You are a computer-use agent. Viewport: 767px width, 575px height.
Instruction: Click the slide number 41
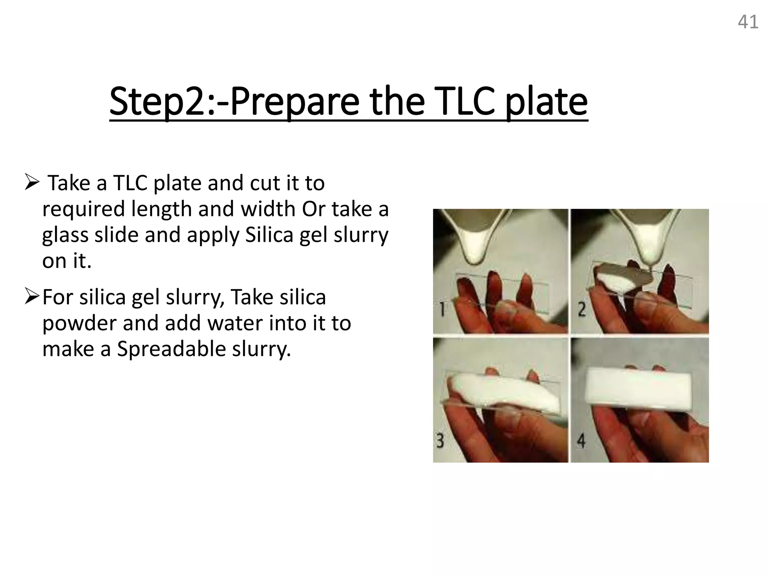pyautogui.click(x=748, y=22)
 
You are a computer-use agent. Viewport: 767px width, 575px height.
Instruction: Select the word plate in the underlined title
pyautogui.click(x=546, y=102)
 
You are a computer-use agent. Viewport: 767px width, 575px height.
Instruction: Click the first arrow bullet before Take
pyautogui.click(x=32, y=183)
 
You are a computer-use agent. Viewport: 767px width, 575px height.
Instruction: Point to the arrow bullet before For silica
pyautogui.click(x=32, y=297)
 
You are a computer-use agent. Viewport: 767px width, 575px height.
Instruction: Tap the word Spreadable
pyautogui.click(x=171, y=349)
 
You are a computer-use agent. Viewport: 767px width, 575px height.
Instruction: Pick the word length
pyautogui.click(x=161, y=209)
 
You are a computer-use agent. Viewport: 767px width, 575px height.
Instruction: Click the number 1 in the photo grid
pyautogui.click(x=442, y=309)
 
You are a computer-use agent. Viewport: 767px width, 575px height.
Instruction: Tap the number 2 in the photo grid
pyautogui.click(x=581, y=309)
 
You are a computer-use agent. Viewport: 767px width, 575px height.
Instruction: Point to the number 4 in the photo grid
pyautogui.click(x=581, y=441)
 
